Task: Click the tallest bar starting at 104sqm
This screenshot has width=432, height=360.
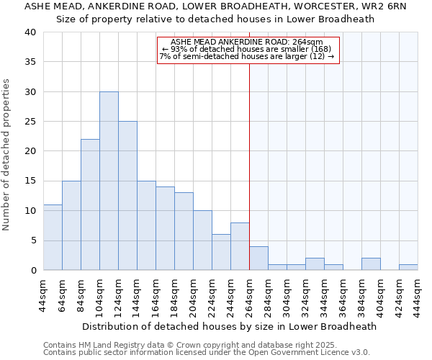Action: [x=109, y=181]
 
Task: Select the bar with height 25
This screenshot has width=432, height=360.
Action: [x=127, y=196]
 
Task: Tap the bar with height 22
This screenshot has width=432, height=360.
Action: [x=90, y=204]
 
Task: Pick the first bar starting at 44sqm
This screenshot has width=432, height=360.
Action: [x=53, y=238]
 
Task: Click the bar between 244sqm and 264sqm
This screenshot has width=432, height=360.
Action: [x=240, y=246]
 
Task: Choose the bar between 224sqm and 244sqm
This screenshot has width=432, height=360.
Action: [x=221, y=252]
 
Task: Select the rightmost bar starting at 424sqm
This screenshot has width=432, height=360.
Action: [x=408, y=267]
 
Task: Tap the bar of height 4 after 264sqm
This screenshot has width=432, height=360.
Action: [x=258, y=258]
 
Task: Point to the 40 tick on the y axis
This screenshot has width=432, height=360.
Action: [x=30, y=32]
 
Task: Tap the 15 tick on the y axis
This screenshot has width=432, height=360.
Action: [x=30, y=181]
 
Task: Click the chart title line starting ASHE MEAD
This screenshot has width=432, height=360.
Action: [x=215, y=6]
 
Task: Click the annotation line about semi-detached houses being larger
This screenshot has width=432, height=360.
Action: [x=247, y=57]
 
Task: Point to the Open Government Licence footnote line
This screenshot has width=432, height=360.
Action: [x=207, y=353]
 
